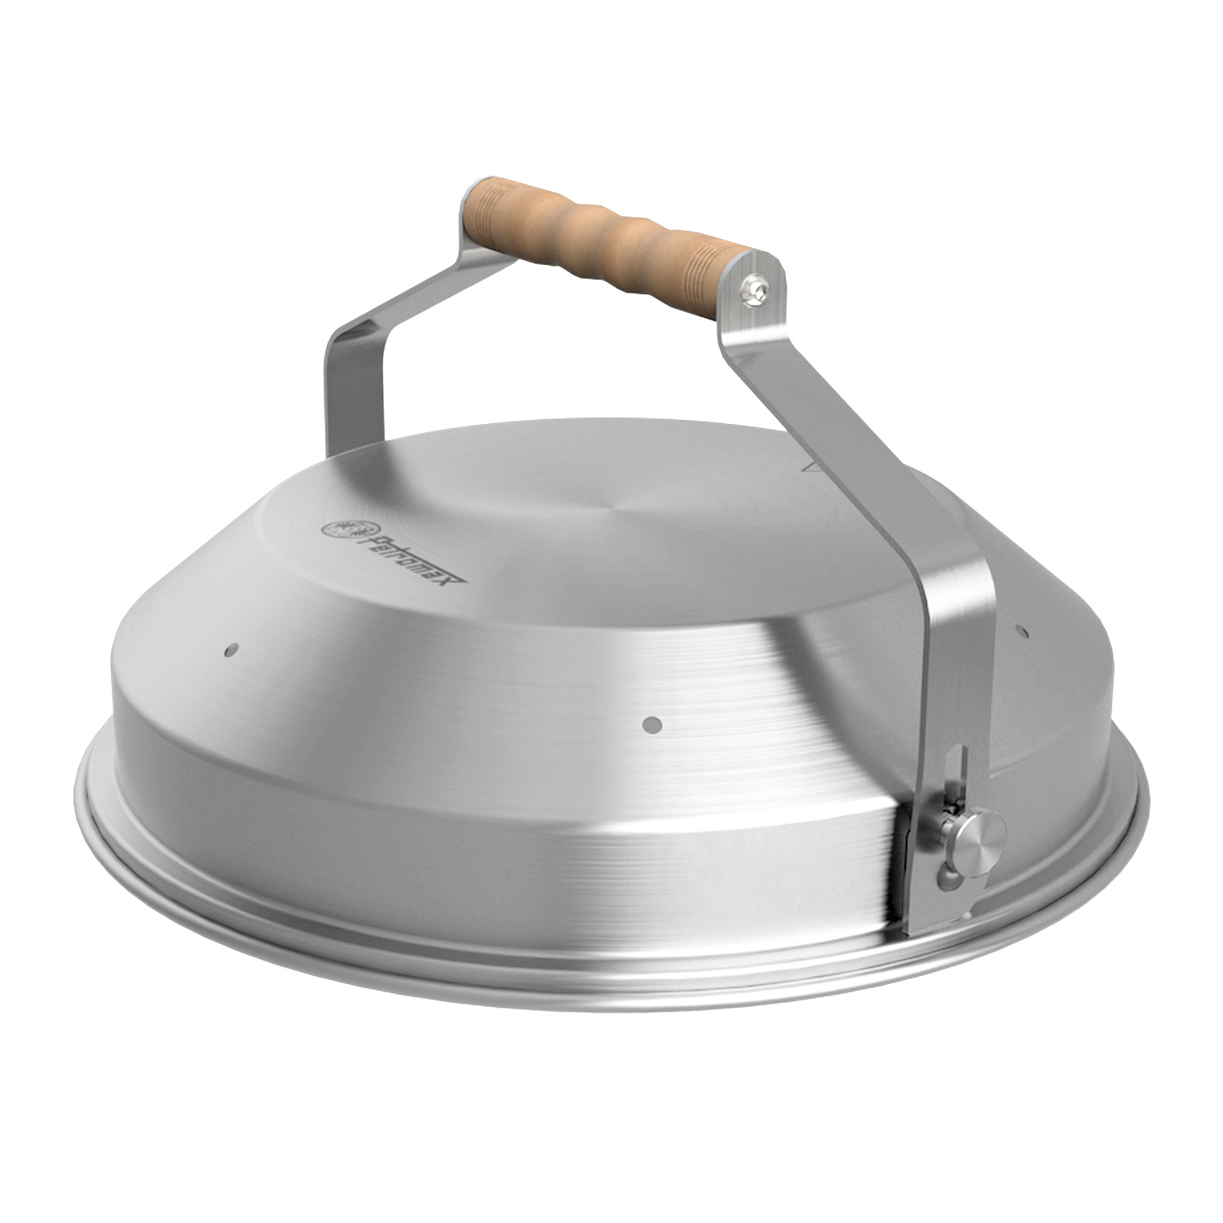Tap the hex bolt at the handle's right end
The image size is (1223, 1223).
tap(756, 289)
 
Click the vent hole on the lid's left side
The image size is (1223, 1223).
tap(230, 650)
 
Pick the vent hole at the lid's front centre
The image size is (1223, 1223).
tap(652, 722)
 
